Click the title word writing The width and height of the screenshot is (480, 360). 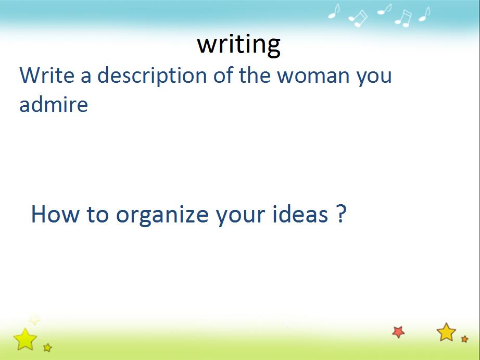[239, 45]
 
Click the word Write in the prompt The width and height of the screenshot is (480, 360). [47, 75]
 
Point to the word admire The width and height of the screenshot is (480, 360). [54, 104]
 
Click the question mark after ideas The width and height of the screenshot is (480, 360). [342, 213]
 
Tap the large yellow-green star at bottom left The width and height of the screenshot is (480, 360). [25, 339]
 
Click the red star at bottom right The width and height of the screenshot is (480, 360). [398, 332]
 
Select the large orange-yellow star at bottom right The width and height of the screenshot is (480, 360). [446, 332]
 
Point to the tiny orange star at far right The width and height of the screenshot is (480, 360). [465, 339]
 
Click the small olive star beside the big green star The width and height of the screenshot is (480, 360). [47, 347]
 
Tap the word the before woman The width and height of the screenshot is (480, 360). [255, 75]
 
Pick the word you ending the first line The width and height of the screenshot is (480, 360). [374, 78]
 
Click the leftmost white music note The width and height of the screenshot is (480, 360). [334, 11]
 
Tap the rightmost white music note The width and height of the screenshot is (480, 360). [425, 14]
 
